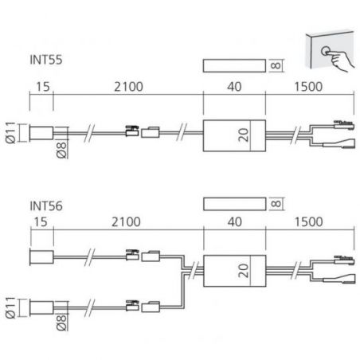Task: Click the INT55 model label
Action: click(46, 60)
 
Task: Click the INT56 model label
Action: click(46, 206)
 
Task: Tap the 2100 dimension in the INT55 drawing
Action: click(128, 87)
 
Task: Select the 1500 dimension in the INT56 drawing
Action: click(309, 221)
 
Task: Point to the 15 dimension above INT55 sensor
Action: click(43, 87)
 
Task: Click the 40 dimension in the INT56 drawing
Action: click(235, 221)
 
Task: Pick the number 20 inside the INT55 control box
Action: click(244, 135)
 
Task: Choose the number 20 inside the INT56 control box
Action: click(244, 271)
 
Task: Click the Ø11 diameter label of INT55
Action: click(11, 132)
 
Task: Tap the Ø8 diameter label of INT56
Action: click(61, 323)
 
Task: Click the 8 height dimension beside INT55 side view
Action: click(276, 65)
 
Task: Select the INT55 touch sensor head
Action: click(41, 133)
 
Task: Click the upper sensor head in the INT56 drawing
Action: click(41, 257)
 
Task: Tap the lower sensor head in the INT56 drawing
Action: click(41, 307)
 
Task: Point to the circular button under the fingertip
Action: click(326, 51)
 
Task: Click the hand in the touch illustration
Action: click(342, 60)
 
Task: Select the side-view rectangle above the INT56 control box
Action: click(235, 204)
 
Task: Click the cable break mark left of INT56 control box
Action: click(194, 270)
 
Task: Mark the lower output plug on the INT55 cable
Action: click(338, 143)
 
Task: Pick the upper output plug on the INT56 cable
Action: click(344, 260)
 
